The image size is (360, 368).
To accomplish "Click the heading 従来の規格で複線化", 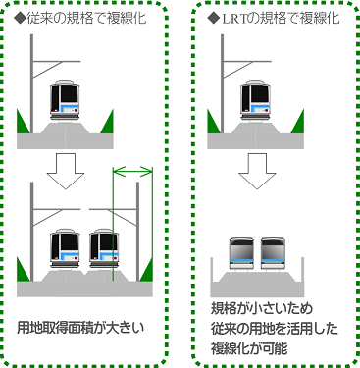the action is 86,19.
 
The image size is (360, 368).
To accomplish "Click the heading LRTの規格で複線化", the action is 281,19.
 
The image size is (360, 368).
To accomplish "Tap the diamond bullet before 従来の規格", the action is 20,19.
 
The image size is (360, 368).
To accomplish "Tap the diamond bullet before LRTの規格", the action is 214,19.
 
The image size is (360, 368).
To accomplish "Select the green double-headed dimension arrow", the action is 132,171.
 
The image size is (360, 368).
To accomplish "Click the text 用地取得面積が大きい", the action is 80,328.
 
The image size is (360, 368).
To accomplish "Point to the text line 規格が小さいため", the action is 262,308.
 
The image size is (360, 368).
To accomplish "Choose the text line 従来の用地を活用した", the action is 275,329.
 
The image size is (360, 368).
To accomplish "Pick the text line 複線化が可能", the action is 249,348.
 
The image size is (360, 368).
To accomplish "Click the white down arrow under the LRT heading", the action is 257,171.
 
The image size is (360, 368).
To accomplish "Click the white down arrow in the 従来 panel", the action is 66,171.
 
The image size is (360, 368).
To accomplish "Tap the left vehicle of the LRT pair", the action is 241,253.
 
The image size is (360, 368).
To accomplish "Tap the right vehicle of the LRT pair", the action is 273,253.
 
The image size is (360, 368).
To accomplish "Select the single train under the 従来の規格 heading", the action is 65,101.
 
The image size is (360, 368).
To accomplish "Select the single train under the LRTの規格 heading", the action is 256,101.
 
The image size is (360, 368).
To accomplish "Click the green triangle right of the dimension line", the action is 147,272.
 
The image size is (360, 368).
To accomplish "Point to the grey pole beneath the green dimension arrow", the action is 138,232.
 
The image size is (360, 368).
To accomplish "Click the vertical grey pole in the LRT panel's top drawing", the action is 223,83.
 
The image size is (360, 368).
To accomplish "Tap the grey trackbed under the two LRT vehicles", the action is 257,285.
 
